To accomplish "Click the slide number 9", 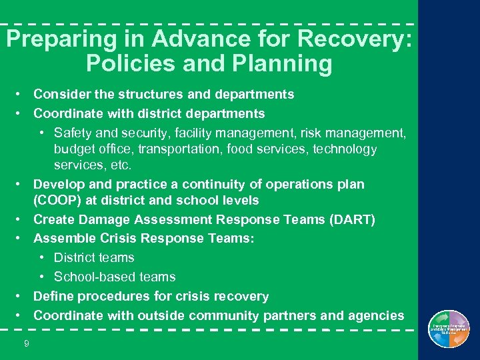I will (26, 344).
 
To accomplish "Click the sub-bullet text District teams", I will (94, 257).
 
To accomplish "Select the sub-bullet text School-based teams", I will (115, 277).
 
